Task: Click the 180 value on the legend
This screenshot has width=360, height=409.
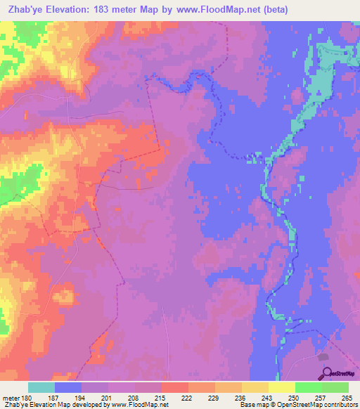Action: coord(27,398)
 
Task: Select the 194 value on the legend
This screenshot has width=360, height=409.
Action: coord(81,398)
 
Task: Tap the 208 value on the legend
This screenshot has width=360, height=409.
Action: coord(134,398)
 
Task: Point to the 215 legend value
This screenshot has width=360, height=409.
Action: coord(161,398)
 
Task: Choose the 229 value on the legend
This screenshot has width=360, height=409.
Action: coord(214,398)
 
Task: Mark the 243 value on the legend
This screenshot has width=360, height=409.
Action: coord(268,398)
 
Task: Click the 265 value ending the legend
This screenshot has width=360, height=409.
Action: coord(345,398)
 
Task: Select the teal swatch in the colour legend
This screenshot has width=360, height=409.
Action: coord(41,387)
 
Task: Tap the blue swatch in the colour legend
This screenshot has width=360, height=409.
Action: coord(68,387)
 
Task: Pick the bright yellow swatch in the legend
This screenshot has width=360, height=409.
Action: coord(282,387)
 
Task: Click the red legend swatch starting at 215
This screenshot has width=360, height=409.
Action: coord(175,387)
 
